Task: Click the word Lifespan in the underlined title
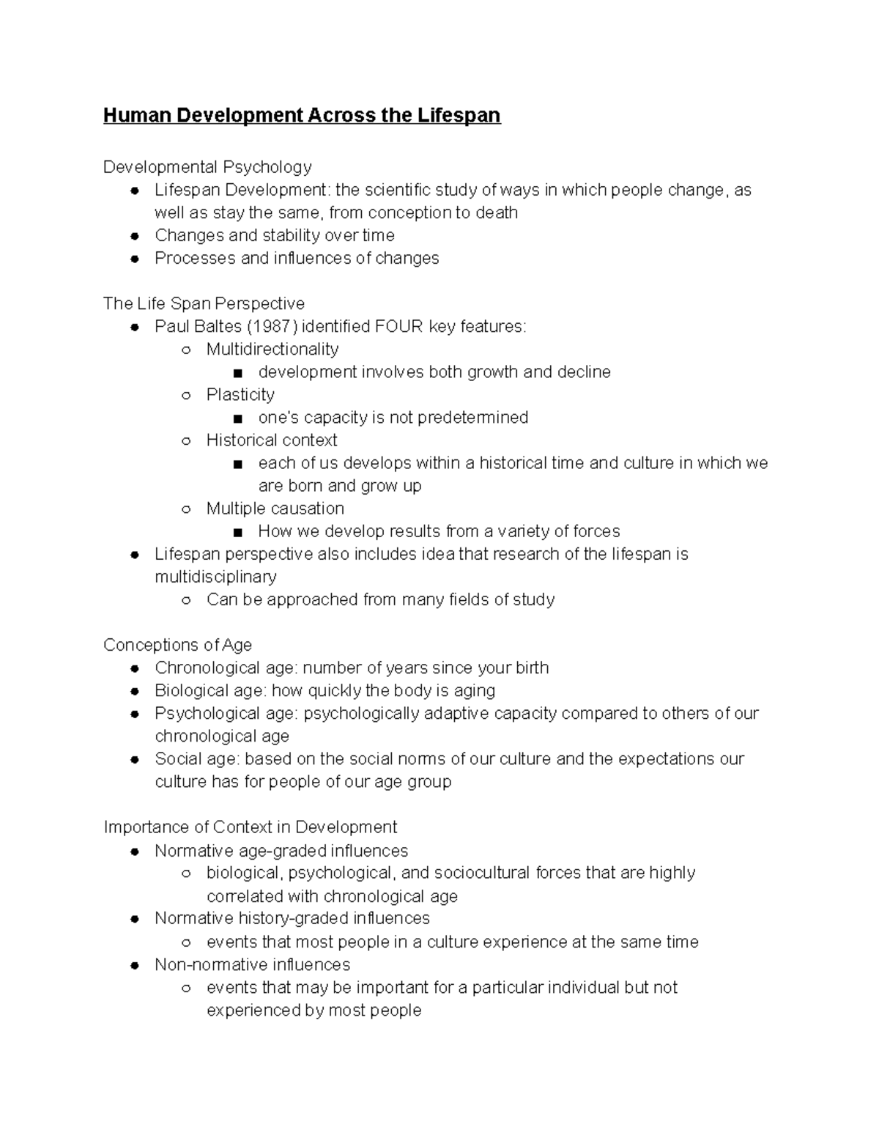tap(459, 116)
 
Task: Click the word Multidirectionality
tap(272, 350)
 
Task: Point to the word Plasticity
tap(240, 395)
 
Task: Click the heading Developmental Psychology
tap(207, 167)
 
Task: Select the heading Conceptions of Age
tap(177, 645)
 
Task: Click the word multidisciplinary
tap(215, 577)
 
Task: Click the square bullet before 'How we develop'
tap(237, 533)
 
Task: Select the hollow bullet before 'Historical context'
tap(186, 441)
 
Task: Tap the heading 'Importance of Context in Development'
tap(250, 827)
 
